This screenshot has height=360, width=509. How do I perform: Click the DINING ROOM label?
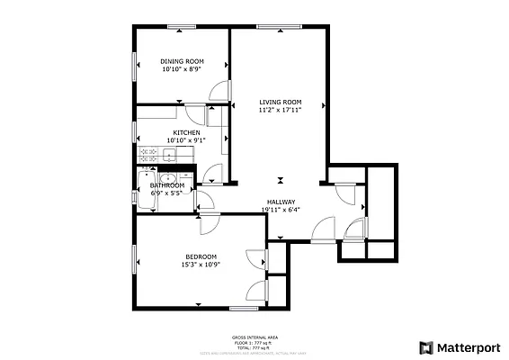(x=182, y=61)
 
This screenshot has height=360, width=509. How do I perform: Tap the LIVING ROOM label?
(x=280, y=102)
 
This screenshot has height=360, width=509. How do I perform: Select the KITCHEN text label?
(x=187, y=133)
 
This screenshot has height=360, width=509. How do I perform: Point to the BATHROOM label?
(x=167, y=185)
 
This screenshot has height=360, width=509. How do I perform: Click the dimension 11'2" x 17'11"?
(x=280, y=111)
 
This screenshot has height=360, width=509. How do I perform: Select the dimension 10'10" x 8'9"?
(x=182, y=69)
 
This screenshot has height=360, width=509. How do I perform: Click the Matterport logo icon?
(x=425, y=346)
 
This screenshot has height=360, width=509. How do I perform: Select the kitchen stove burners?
(x=148, y=156)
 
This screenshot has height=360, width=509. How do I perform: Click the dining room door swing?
(x=217, y=91)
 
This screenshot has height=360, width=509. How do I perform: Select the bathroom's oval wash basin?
(x=151, y=176)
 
